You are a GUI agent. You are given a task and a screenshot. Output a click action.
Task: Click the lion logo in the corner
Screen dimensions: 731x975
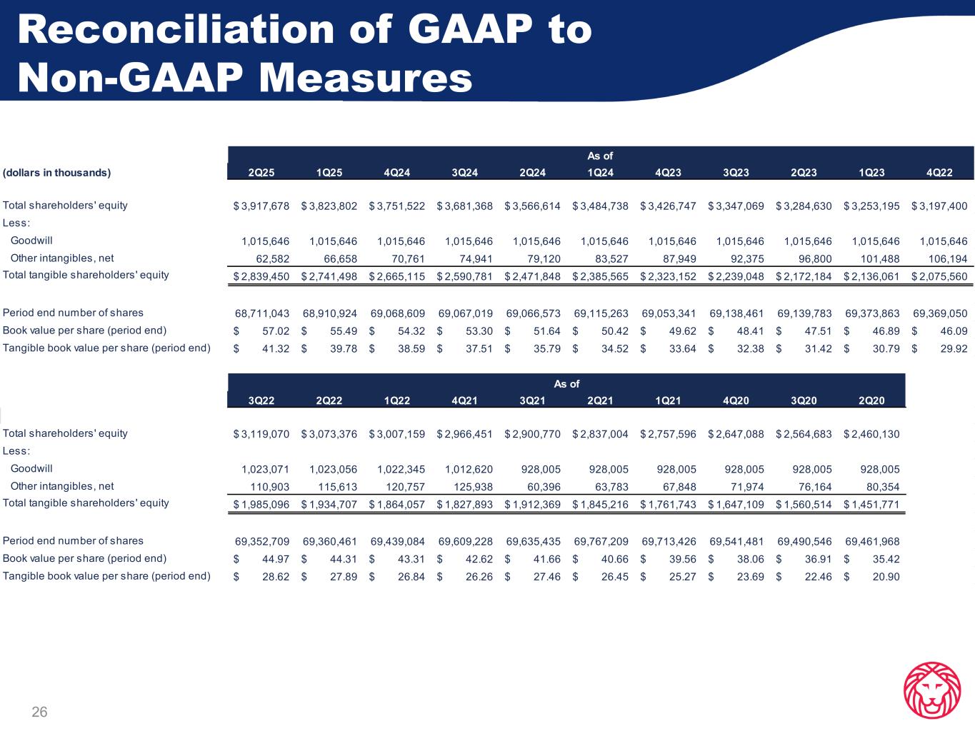[x=931, y=690]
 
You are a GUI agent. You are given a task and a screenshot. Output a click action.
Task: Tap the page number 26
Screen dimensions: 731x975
[x=39, y=712]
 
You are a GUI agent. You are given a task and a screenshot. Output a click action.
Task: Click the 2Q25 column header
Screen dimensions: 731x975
[x=261, y=173]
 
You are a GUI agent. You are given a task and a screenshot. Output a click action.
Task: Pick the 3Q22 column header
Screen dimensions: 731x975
[x=261, y=400]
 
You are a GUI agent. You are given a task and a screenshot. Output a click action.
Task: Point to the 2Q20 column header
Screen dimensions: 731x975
[x=871, y=400]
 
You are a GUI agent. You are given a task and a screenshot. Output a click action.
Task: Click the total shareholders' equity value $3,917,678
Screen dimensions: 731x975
[x=261, y=206]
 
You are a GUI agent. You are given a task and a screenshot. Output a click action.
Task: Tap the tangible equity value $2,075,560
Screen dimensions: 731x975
[x=939, y=276]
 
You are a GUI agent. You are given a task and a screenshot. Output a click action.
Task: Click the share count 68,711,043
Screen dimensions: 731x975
[x=261, y=313]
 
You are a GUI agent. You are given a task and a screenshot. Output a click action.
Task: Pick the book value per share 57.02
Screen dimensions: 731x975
[x=276, y=331]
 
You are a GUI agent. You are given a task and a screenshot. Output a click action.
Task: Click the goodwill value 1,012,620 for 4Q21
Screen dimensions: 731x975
[x=468, y=470]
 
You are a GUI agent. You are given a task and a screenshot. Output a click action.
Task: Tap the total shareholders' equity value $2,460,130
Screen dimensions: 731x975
[x=871, y=434]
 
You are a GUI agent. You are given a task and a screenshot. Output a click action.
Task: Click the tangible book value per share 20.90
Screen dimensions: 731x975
[x=886, y=577]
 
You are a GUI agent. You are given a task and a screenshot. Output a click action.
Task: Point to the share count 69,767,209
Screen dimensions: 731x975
[x=601, y=541]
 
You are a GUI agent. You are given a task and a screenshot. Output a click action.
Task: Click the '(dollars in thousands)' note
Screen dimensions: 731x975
[x=57, y=173]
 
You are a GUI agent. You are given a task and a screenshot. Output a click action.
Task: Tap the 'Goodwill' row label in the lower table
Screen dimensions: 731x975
[x=31, y=469]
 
